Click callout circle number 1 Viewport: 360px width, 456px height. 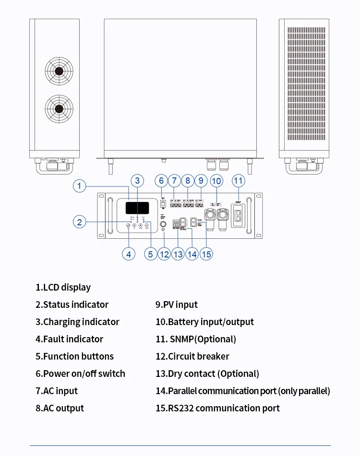(80, 186)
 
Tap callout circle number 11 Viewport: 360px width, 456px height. (238, 181)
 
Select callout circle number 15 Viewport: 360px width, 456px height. (206, 254)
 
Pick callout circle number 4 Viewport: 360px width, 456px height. (128, 254)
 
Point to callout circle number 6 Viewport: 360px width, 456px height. (161, 181)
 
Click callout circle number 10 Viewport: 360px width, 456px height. (216, 181)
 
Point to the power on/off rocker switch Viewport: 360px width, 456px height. (163, 204)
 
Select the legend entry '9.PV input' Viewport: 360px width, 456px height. (176, 305)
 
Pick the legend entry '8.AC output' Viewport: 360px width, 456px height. (60, 409)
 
